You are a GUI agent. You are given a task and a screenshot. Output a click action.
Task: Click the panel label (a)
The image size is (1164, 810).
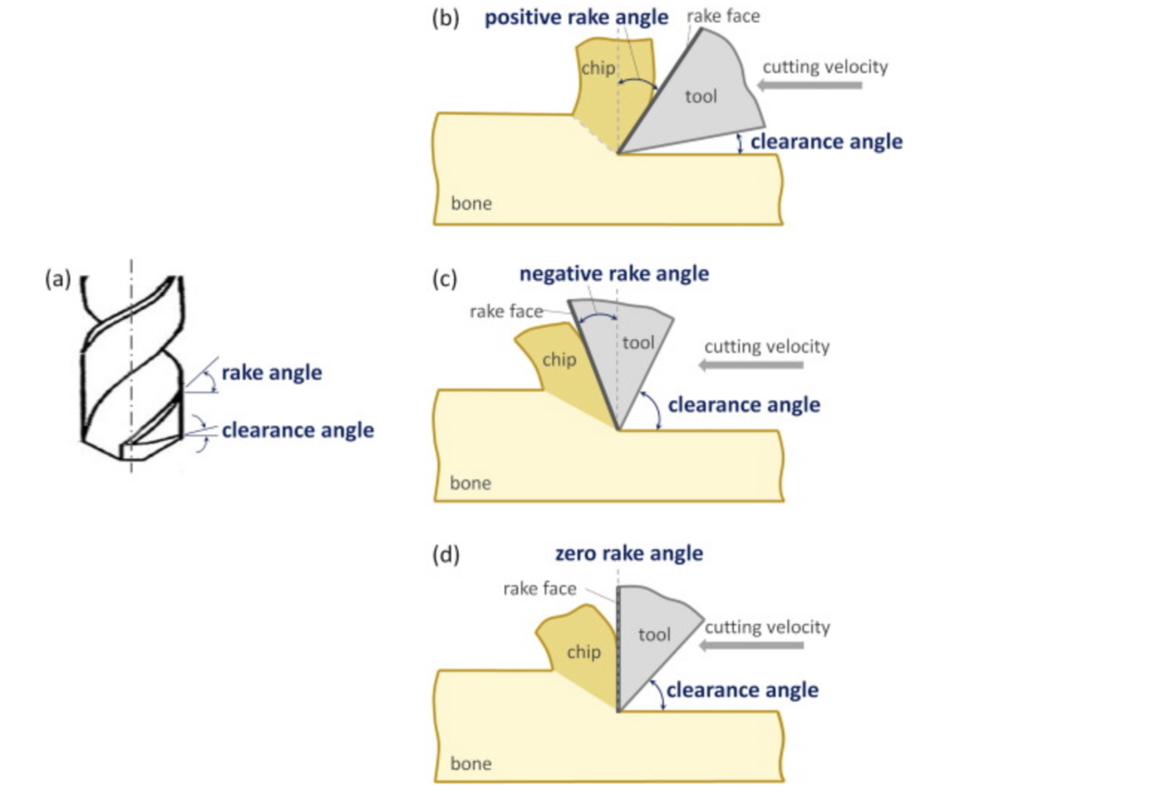click(x=58, y=279)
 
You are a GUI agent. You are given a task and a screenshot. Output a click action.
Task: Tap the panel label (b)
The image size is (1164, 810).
click(x=446, y=18)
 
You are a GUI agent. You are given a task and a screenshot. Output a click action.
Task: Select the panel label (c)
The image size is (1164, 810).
click(x=445, y=279)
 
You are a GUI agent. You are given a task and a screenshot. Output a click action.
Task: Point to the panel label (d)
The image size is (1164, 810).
click(x=446, y=554)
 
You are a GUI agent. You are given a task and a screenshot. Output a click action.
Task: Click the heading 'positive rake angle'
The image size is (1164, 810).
click(x=576, y=17)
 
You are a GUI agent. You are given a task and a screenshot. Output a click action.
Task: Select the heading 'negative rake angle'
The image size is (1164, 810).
click(x=614, y=274)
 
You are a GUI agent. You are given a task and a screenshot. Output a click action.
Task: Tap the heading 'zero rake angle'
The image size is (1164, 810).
click(x=629, y=553)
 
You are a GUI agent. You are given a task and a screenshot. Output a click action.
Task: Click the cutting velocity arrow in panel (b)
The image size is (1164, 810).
click(x=810, y=86)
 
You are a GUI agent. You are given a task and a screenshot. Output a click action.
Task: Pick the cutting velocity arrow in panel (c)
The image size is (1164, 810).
click(x=751, y=365)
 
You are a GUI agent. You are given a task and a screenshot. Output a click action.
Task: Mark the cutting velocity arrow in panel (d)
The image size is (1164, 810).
click(x=751, y=646)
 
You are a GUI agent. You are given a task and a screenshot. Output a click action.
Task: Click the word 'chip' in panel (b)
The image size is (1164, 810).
click(x=598, y=68)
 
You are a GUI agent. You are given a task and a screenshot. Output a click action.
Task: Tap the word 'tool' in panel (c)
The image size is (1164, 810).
click(x=638, y=343)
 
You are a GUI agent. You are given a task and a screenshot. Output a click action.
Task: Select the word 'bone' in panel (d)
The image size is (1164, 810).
click(x=471, y=763)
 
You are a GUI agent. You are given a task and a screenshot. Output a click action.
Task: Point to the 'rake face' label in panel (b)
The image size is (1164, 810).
click(x=723, y=16)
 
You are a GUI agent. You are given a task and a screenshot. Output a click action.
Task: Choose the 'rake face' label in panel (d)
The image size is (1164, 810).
click(x=540, y=588)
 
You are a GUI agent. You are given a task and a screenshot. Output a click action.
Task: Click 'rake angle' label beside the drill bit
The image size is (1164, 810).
click(x=271, y=374)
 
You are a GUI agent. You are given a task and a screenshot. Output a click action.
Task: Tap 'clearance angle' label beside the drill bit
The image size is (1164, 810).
click(x=298, y=430)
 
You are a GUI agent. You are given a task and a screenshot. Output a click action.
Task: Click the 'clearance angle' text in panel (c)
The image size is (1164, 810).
click(x=744, y=405)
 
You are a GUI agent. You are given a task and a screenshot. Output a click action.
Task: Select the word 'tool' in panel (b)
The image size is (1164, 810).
click(x=701, y=96)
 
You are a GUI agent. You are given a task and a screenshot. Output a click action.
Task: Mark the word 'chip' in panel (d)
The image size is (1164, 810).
click(x=584, y=652)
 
